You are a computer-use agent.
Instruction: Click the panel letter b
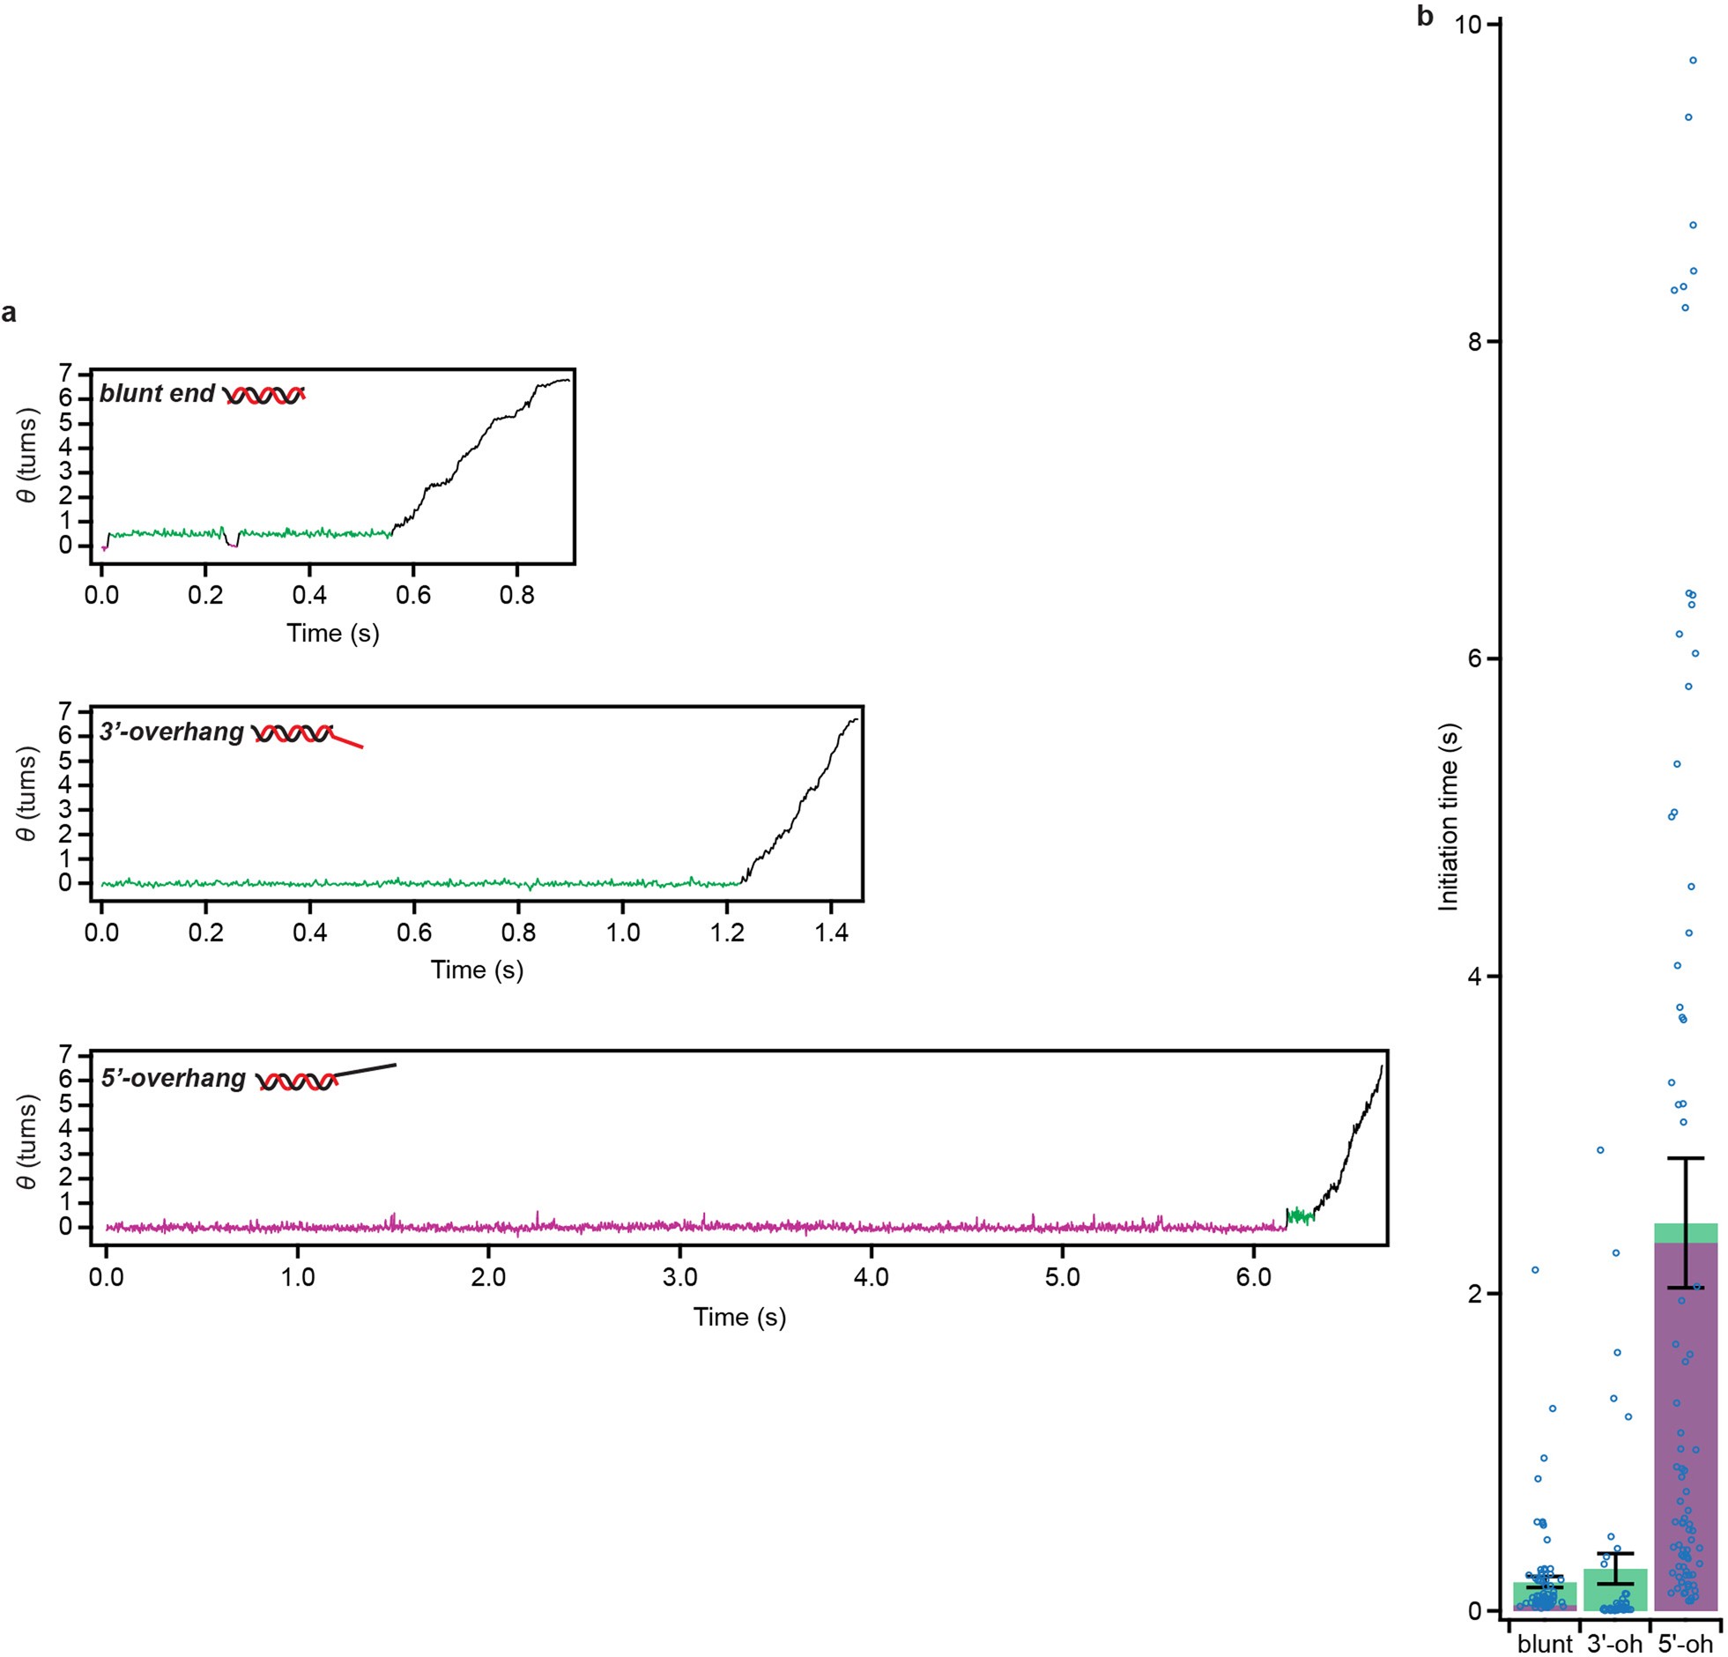[x=1425, y=17]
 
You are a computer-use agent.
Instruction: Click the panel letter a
[x=9, y=313]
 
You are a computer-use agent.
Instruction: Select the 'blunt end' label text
[x=157, y=393]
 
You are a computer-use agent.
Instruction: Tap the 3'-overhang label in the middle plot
[x=171, y=732]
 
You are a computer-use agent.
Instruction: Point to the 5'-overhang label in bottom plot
[x=173, y=1079]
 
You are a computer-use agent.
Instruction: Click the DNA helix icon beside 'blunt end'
[x=264, y=395]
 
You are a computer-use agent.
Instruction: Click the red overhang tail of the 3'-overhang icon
[x=347, y=740]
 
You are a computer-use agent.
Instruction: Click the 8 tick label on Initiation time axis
[x=1474, y=342]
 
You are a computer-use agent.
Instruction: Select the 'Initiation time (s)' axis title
[x=1448, y=816]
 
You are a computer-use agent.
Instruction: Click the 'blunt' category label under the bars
[x=1544, y=1645]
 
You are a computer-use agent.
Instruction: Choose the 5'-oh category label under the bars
[x=1685, y=1645]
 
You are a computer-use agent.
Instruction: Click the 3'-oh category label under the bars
[x=1614, y=1645]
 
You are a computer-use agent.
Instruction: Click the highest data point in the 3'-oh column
[x=1600, y=1150]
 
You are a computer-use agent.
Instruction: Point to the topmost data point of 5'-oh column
[x=1693, y=60]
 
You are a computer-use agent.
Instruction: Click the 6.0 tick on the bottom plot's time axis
[x=1254, y=1278]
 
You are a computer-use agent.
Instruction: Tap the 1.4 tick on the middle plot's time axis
[x=830, y=933]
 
